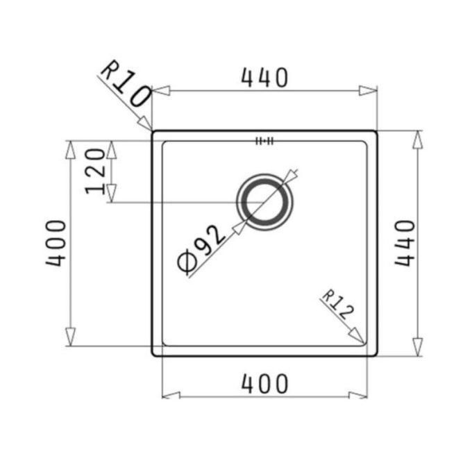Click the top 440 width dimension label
coord(264,78)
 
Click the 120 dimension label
coord(96,171)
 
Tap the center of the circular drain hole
coord(265,202)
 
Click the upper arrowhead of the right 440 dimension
coord(416,140)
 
